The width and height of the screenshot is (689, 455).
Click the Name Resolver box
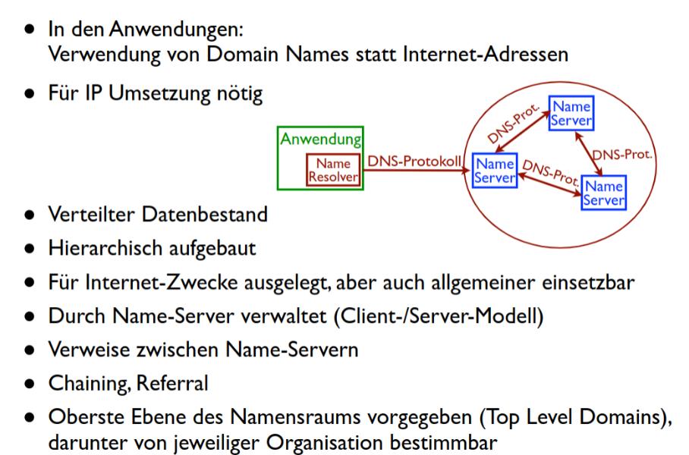pyautogui.click(x=333, y=170)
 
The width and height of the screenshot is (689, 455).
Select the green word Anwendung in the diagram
pyautogui.click(x=321, y=140)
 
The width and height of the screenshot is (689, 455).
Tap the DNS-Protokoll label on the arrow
pyautogui.click(x=414, y=161)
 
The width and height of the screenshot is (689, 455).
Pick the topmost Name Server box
pyautogui.click(x=571, y=113)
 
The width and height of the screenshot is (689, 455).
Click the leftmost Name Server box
pyautogui.click(x=495, y=171)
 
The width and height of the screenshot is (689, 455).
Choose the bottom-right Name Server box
pyautogui.click(x=604, y=193)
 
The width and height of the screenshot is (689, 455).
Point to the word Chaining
pyautogui.click(x=90, y=384)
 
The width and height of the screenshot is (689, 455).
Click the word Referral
pyautogui.click(x=171, y=383)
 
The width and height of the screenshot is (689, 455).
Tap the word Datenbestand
pyautogui.click(x=204, y=215)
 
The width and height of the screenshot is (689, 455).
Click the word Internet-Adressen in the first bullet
pyautogui.click(x=486, y=54)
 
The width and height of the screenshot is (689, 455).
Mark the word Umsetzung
pyautogui.click(x=159, y=93)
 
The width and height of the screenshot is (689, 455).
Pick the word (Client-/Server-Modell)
pyautogui.click(x=439, y=316)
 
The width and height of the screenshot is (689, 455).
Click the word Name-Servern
pyautogui.click(x=292, y=350)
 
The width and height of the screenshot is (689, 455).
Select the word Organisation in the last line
pyautogui.click(x=325, y=443)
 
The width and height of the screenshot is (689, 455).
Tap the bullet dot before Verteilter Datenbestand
pyautogui.click(x=30, y=215)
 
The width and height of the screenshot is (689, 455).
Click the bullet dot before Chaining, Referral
pyautogui.click(x=30, y=384)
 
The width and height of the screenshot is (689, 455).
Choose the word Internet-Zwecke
pyautogui.click(x=162, y=282)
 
